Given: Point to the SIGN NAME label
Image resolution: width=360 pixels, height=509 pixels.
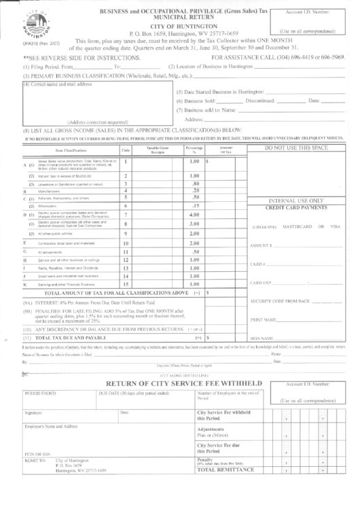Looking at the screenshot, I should point(262,338).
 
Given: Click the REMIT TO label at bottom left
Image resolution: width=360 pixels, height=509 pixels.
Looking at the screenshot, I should point(35,478).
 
